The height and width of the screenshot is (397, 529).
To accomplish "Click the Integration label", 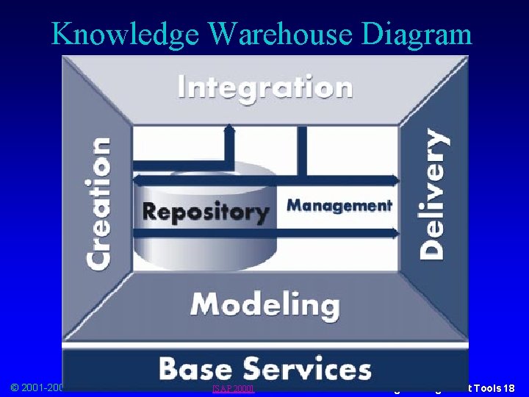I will click(x=265, y=88).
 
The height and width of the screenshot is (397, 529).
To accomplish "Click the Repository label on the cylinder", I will click(x=206, y=212).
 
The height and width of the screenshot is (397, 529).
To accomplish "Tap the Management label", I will click(x=339, y=205).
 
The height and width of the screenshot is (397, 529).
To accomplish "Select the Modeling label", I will click(x=265, y=304).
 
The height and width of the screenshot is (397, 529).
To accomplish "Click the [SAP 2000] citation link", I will click(x=232, y=387).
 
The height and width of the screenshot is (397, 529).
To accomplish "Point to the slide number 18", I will click(x=509, y=387).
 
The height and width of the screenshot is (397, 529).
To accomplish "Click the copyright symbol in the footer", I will click(x=15, y=387).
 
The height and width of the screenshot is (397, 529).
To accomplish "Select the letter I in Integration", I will click(x=183, y=88).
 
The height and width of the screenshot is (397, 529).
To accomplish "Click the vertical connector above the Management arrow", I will click(x=300, y=151).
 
